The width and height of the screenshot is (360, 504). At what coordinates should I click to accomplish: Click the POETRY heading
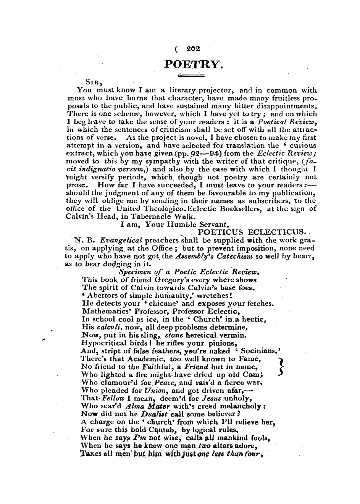pos(192,64)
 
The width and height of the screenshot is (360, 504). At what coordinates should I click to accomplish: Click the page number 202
pos(193,48)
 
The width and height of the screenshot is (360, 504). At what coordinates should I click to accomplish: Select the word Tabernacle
pos(140,216)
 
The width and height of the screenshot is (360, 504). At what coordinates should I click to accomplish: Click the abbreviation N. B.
pos(84,240)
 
